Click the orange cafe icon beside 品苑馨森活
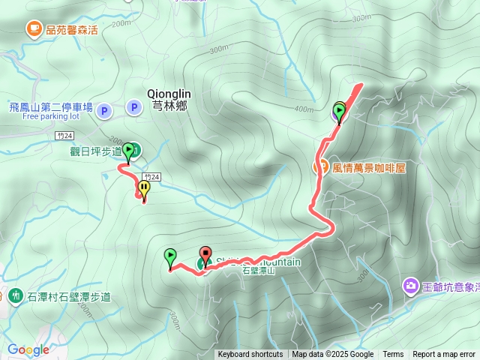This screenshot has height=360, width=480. click(x=34, y=29)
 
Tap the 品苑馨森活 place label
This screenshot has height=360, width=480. click(x=72, y=30)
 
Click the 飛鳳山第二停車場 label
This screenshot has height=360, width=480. click(x=51, y=107)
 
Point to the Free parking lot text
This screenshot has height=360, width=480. click(x=51, y=116)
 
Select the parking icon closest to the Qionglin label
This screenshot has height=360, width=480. click(x=133, y=109)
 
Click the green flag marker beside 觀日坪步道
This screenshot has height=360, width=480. click(x=129, y=151)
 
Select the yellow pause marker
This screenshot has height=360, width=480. click(x=143, y=187)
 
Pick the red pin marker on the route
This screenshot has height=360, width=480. click(x=205, y=254)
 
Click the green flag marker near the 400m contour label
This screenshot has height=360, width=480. click(x=339, y=112)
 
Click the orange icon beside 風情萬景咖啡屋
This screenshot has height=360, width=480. click(x=320, y=167)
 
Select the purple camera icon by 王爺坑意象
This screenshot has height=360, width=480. click(x=410, y=285)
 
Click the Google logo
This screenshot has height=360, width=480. click(x=28, y=349)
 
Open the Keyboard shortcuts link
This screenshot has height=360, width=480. click(x=250, y=355)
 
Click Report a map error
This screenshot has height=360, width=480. click(x=444, y=355)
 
